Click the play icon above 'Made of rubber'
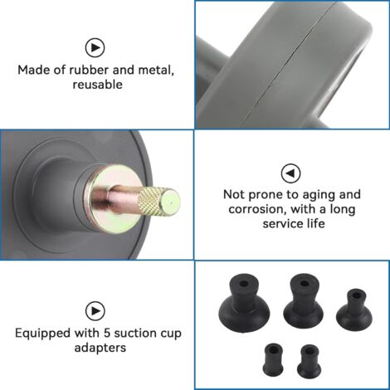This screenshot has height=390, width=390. (x=95, y=47)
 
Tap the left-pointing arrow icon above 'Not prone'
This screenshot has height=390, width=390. (x=290, y=173)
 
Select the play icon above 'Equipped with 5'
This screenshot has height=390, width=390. (x=95, y=311)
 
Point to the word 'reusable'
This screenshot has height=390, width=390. (x=97, y=85)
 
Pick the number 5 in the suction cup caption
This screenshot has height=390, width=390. (x=107, y=333)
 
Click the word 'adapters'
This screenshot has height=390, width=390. (x=100, y=348)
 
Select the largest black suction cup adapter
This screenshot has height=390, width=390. (x=244, y=303)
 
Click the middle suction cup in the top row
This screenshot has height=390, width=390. (x=303, y=301)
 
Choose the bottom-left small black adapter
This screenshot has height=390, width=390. (x=273, y=359)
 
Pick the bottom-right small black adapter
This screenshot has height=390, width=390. (x=309, y=361)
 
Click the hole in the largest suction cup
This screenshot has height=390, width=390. (x=243, y=285)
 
